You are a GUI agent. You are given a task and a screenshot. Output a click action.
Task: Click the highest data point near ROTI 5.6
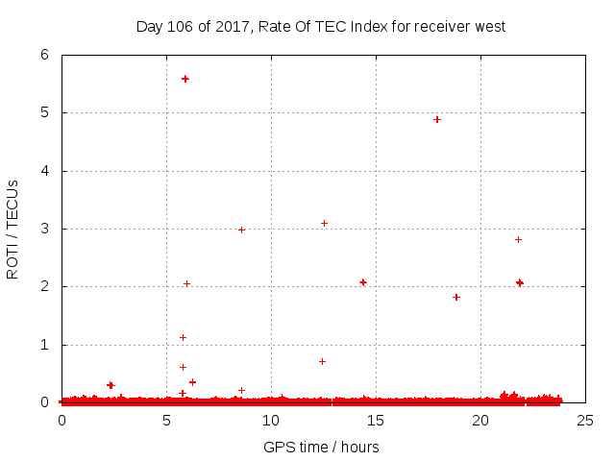tap(185, 79)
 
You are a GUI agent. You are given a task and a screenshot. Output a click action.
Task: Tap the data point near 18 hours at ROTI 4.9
tap(437, 120)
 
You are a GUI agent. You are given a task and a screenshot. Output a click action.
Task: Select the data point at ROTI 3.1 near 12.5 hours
tap(324, 224)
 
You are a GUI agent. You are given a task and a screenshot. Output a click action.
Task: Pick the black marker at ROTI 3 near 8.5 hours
tap(241, 230)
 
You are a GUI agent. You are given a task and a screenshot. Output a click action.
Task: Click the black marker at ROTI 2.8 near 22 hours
tap(518, 239)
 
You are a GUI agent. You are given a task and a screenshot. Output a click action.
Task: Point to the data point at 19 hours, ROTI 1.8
tap(456, 297)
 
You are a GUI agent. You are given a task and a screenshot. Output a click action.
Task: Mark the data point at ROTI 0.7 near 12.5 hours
tap(322, 361)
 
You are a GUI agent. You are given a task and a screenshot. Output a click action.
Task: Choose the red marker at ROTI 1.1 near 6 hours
tap(183, 337)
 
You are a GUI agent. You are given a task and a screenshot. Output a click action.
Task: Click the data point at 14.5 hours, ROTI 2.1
tap(363, 282)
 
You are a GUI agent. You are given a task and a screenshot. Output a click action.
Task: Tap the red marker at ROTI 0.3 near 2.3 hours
tap(111, 385)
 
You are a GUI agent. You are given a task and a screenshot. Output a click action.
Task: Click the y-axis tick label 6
tap(44, 56)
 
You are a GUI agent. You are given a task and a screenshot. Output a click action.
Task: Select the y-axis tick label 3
tap(44, 229)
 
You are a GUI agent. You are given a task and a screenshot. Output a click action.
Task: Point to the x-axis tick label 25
tap(584, 420)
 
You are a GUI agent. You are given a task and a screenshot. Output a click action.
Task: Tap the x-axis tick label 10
tap(271, 420)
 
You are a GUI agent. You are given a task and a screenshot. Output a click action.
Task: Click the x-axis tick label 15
tap(376, 420)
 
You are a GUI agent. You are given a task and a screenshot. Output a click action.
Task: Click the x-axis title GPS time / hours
tap(321, 447)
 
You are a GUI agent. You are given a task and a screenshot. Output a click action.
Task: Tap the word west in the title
tap(488, 26)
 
